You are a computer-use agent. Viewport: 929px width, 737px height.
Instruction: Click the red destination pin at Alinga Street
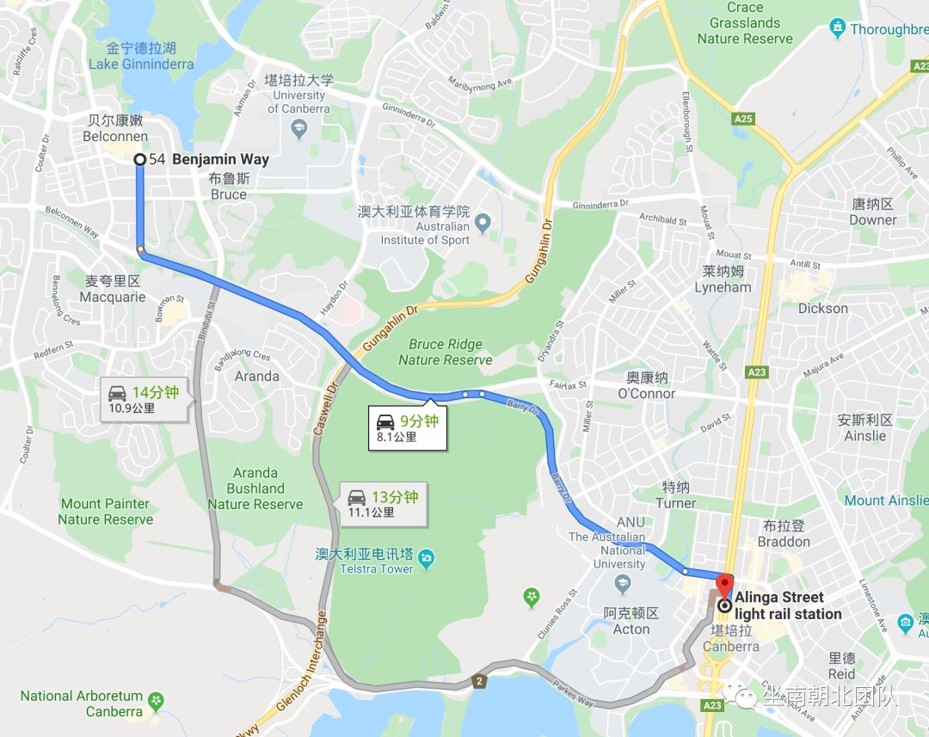(724, 584)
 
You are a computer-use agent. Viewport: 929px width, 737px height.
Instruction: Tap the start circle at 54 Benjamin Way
(140, 159)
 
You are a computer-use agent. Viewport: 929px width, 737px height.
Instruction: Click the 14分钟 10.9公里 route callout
(143, 399)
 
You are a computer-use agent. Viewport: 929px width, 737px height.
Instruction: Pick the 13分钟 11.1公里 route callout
(382, 503)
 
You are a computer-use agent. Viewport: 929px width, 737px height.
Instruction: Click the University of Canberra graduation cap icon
(298, 129)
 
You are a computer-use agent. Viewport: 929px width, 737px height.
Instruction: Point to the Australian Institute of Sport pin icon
(483, 224)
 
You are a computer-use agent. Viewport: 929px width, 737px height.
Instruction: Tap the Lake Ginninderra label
(141, 64)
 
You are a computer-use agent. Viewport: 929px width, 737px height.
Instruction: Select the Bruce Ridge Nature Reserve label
(446, 352)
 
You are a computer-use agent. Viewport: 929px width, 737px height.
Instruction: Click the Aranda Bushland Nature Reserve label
(255, 488)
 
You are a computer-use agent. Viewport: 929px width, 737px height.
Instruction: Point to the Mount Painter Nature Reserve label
(105, 511)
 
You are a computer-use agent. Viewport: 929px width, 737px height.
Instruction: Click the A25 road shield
(743, 119)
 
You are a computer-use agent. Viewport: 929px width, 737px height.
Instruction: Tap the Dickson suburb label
(822, 308)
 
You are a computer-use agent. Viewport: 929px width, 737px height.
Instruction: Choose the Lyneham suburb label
(723, 287)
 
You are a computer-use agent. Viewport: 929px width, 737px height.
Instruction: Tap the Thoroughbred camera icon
(838, 28)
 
